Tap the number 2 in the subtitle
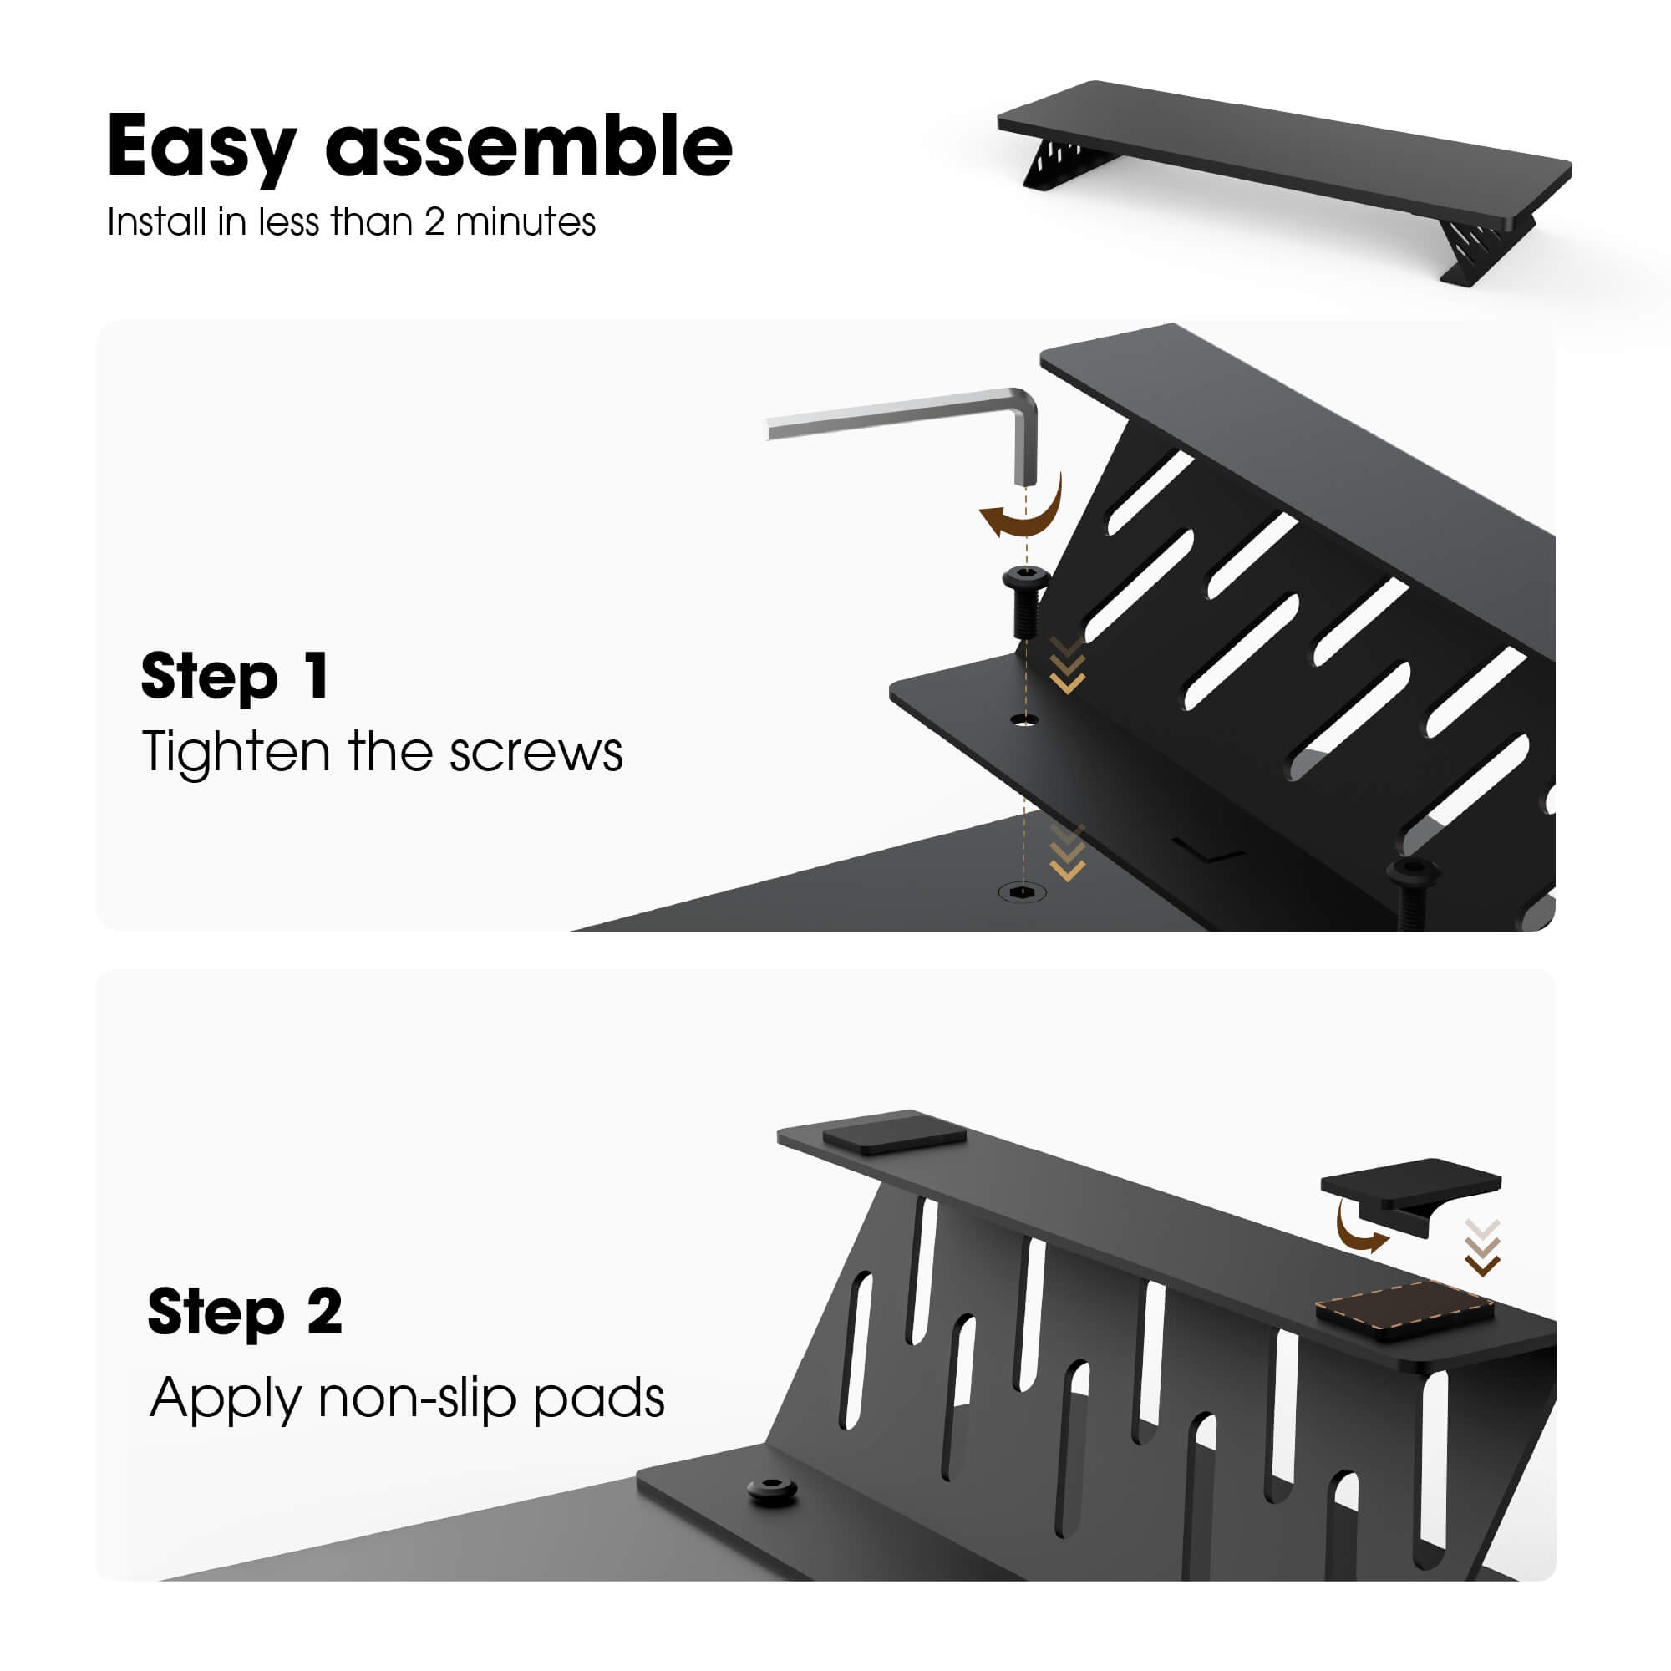(x=434, y=223)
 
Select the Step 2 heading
(x=245, y=1312)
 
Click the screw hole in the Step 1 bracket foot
(x=1025, y=719)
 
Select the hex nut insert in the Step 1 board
(x=1023, y=891)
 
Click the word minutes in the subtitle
(x=525, y=223)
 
